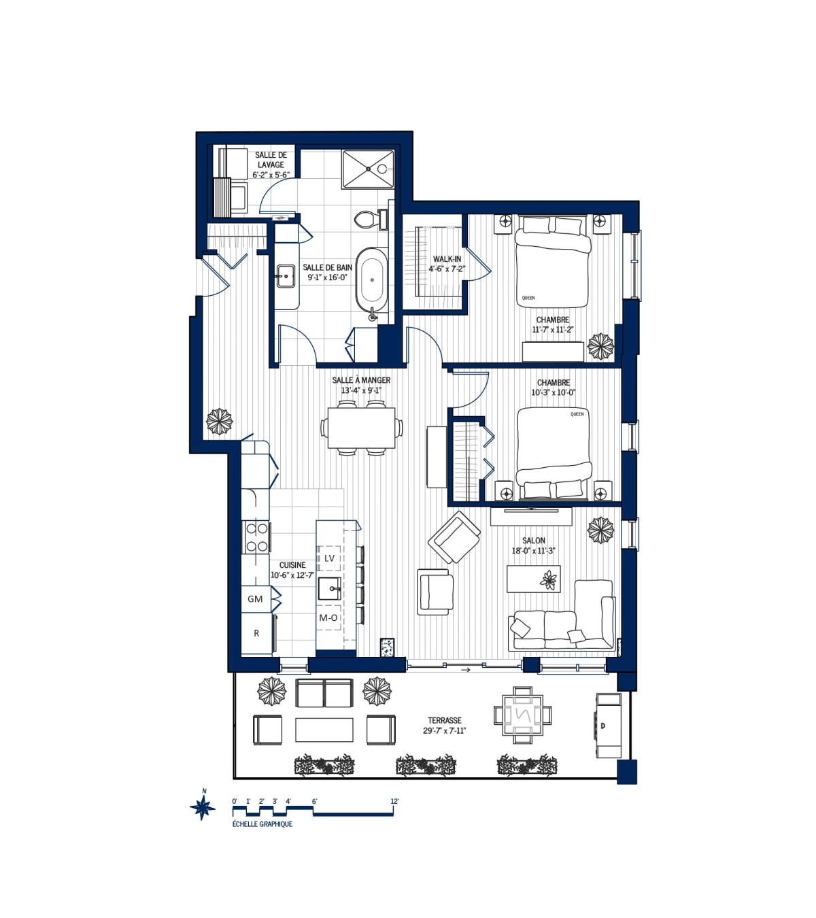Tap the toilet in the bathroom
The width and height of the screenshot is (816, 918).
[367, 219]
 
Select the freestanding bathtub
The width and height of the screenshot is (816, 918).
[372, 279]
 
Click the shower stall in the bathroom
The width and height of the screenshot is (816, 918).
[368, 169]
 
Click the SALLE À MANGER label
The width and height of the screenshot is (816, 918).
[361, 385]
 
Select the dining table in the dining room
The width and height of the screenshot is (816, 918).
[361, 427]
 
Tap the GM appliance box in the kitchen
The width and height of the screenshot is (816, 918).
[256, 599]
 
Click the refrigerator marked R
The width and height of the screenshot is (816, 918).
[256, 634]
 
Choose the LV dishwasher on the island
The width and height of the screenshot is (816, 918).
[329, 558]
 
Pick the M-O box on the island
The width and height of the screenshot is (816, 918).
[328, 618]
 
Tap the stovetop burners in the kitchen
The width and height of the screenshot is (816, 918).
[256, 537]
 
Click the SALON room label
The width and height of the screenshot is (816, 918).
[534, 545]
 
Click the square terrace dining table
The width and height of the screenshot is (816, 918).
[522, 715]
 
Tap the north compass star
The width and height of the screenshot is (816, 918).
[202, 807]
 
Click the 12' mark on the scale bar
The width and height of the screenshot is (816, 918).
[394, 802]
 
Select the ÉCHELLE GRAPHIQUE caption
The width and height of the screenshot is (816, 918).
[262, 824]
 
